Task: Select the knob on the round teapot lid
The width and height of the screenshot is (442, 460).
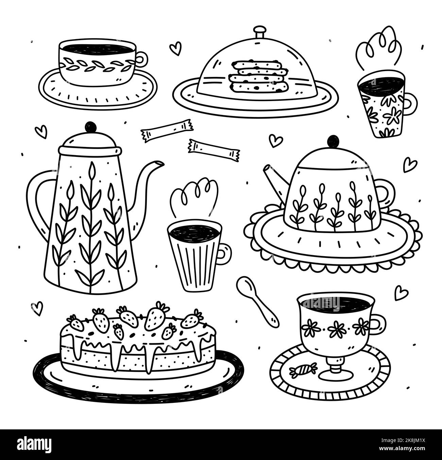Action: pyautogui.click(x=333, y=141)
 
